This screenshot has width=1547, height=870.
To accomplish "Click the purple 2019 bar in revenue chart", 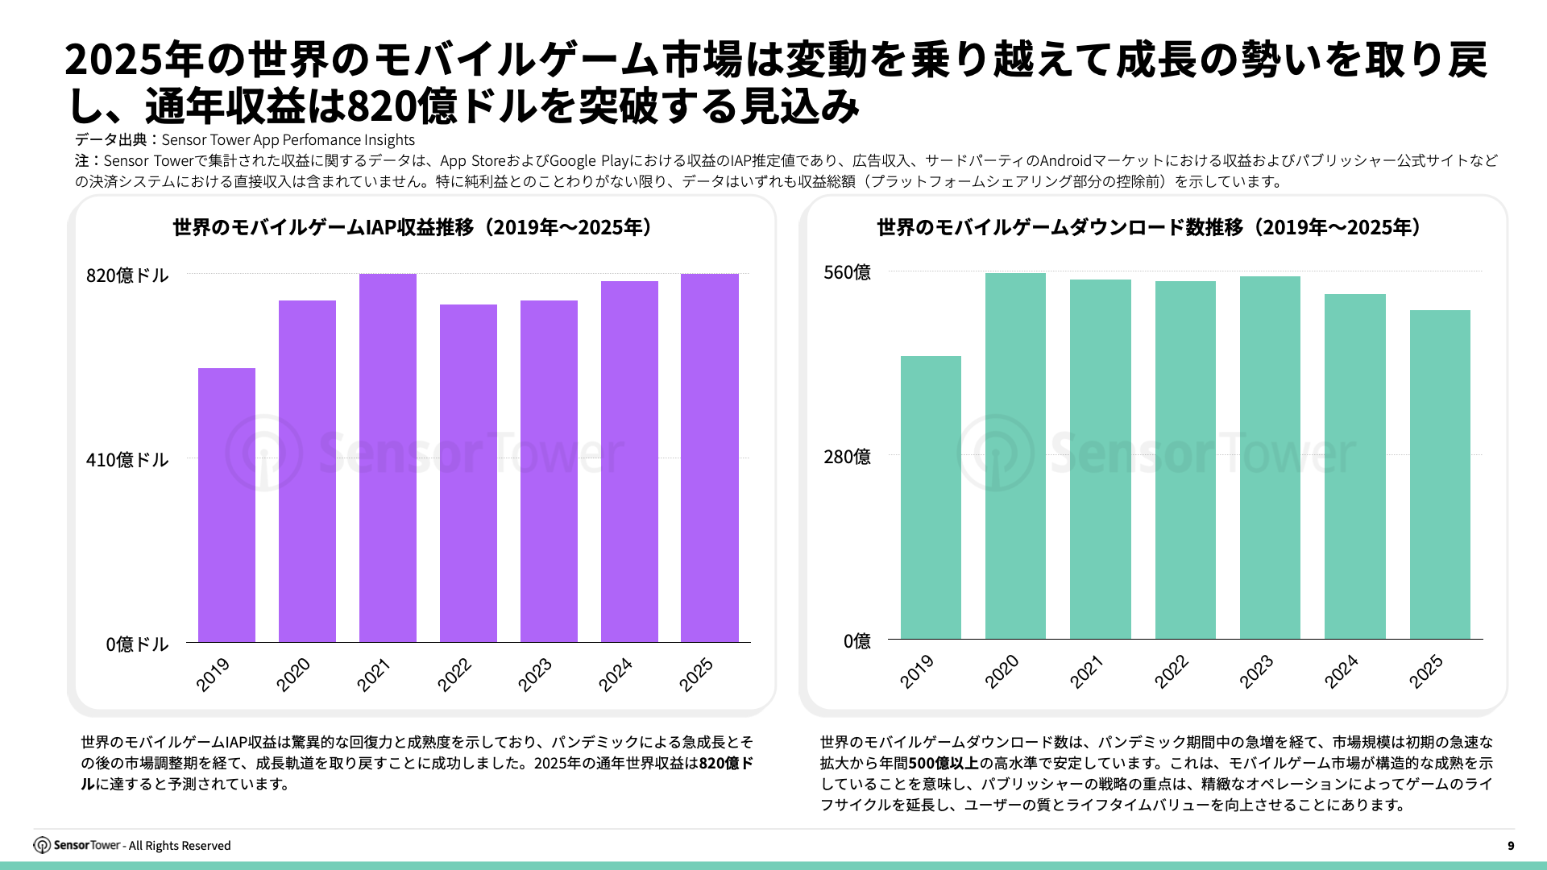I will point(226,505).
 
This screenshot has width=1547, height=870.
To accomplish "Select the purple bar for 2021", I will point(388,458).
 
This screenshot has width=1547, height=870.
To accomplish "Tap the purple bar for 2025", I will point(709,458).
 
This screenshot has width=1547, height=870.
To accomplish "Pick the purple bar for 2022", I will point(468,473).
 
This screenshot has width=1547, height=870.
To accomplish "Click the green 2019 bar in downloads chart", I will point(931,498).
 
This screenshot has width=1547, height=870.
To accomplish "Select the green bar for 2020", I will point(1015,456).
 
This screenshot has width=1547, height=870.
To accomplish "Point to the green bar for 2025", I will point(1440,474).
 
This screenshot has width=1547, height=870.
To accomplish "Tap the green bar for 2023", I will point(1270,458).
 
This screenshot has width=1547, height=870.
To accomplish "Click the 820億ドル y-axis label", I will point(127,275).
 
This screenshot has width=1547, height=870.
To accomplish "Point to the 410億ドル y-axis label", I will point(127,460).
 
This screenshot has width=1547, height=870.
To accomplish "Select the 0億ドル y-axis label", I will point(137,644).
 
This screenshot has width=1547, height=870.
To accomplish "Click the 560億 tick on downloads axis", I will point(847,272).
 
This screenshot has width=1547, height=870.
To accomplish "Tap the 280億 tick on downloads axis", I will point(847,457).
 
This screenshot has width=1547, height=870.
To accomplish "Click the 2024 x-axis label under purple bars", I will point(615,674).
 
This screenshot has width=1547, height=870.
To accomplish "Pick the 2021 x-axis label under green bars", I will point(1086,671).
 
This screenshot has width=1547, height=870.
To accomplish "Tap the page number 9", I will point(1511,846).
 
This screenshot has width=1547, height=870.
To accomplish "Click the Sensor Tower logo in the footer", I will point(77,845).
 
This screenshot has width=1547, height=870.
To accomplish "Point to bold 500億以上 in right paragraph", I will point(944,763).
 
